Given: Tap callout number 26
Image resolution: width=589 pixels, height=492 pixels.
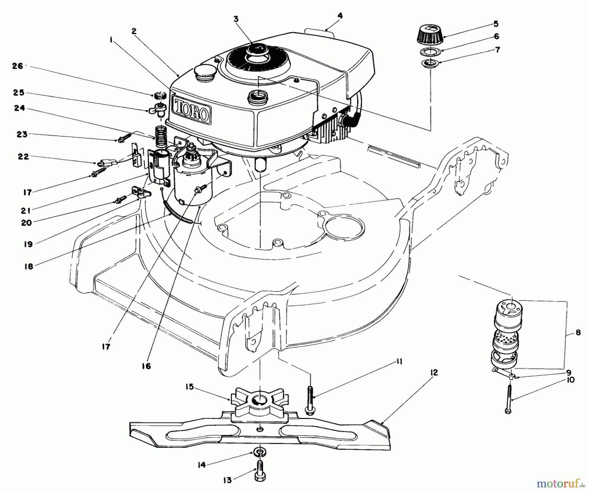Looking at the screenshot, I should [x=18, y=66].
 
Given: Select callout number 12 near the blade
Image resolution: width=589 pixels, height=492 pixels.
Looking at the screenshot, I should [x=434, y=373].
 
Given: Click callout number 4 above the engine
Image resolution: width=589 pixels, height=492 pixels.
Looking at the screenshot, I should [x=341, y=15].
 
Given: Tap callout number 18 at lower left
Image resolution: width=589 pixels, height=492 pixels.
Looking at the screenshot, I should [x=29, y=266].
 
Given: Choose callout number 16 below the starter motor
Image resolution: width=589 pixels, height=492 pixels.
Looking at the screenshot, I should [x=147, y=366].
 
